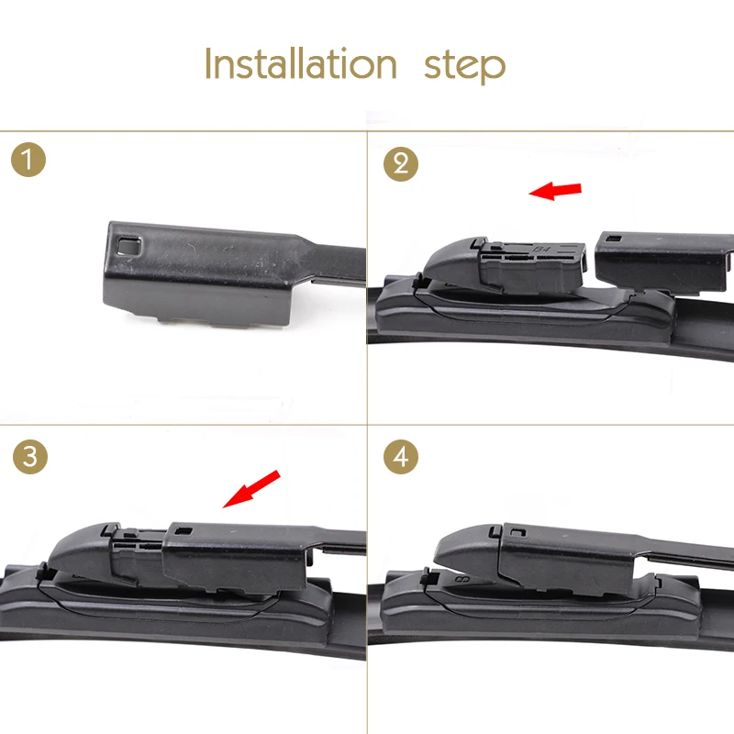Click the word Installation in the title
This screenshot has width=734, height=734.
point(301,63)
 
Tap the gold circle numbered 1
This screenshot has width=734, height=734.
point(28,160)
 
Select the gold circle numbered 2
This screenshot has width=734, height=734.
point(401,164)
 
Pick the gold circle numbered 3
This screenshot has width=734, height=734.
point(30,456)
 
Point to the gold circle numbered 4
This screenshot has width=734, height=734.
point(401,456)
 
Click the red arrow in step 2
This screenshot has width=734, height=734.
point(555,191)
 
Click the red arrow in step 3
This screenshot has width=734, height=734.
point(251,489)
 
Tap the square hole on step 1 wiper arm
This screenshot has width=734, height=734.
point(129,245)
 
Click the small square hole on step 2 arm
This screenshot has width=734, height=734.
point(614,239)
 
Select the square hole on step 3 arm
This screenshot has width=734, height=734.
point(183,531)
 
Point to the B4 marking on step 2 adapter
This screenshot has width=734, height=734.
point(541,249)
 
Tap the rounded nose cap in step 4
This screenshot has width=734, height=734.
point(464,549)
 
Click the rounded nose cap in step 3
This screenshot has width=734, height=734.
point(80,548)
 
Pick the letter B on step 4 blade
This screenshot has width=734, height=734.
point(463,580)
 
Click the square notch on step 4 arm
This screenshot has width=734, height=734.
point(519,532)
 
